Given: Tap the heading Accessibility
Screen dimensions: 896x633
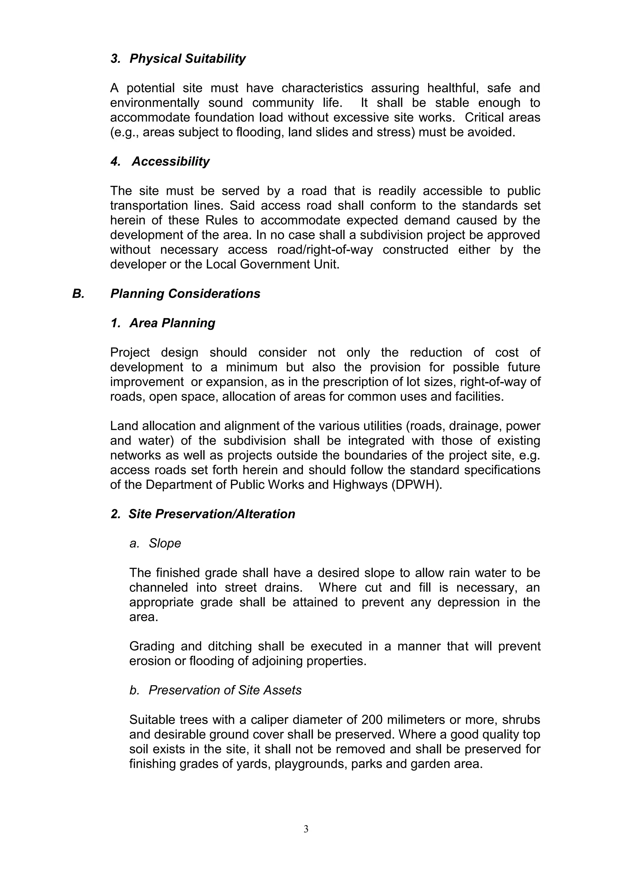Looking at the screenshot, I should coord(170,161).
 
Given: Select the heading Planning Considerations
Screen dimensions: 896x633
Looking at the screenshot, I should coord(185,294).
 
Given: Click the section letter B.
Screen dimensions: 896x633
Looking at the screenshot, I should coord(78,294).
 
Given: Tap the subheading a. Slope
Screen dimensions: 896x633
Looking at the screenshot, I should coord(155,543).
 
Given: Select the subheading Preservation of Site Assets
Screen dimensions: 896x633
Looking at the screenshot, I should coord(225,690).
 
